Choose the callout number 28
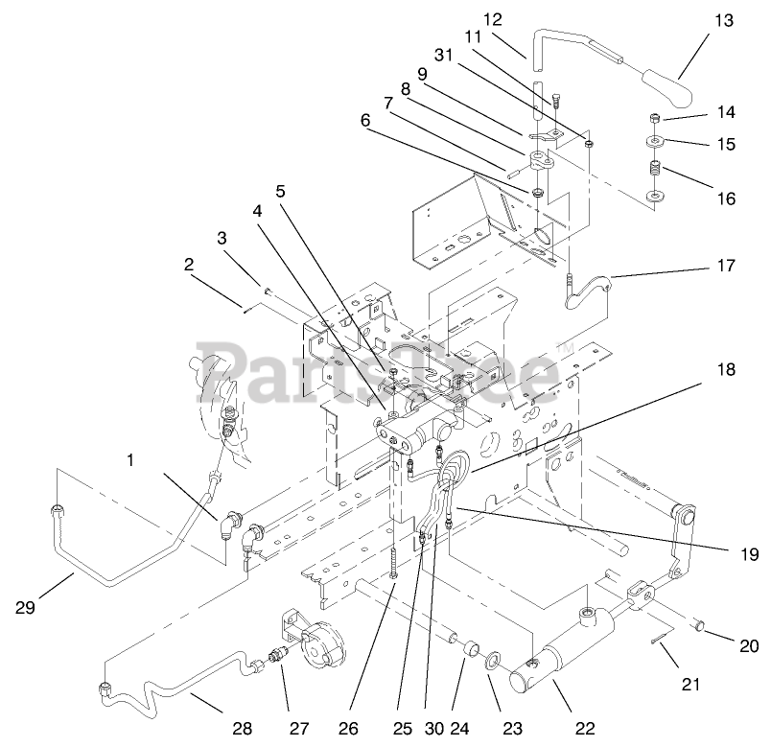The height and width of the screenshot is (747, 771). tap(243, 728)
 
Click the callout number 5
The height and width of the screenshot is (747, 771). tap(280, 191)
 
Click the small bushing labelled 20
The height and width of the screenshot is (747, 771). tap(701, 626)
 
